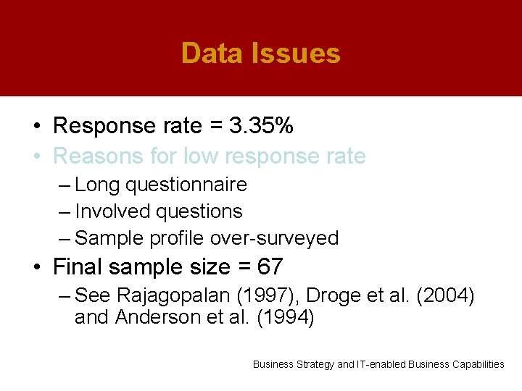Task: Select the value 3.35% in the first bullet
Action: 261,126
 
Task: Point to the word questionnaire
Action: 186,185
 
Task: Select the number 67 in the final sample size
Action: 270,267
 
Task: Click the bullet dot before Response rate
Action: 36,127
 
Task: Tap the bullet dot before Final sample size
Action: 36,268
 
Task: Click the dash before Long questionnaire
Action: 65,185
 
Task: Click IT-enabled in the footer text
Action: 381,364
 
